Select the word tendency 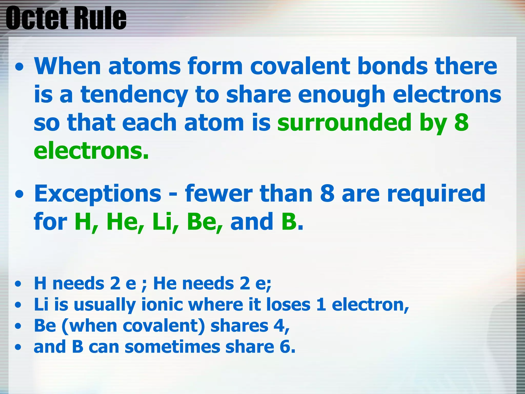134,95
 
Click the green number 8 461,123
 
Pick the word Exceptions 98,194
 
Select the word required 436,194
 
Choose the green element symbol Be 204,222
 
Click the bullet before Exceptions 19,194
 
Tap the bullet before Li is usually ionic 18,305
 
